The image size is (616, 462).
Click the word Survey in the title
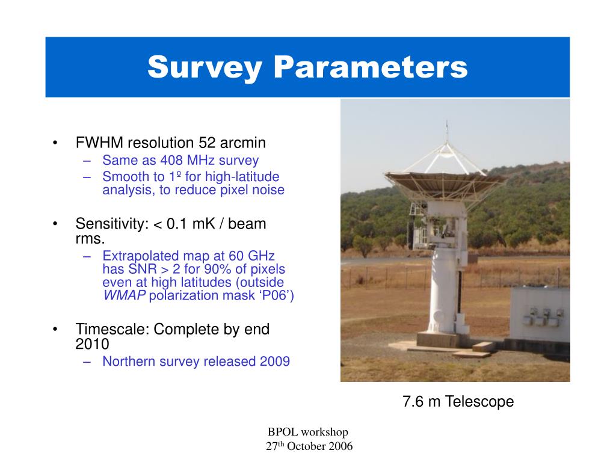pyautogui.click(x=205, y=67)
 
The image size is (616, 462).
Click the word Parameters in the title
pyautogui.click(x=371, y=67)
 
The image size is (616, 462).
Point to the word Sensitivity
pyautogui.click(x=112, y=224)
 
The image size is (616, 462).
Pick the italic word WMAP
pyautogui.click(x=124, y=295)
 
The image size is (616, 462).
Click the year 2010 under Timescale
pyautogui.click(x=92, y=344)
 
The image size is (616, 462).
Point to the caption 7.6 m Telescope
pyautogui.click(x=458, y=401)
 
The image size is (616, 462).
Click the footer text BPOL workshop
pyautogui.click(x=307, y=432)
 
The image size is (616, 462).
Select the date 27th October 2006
pyautogui.click(x=309, y=446)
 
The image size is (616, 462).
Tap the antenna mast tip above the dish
pyautogui.click(x=447, y=122)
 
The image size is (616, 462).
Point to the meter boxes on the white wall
pyautogui.click(x=543, y=317)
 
